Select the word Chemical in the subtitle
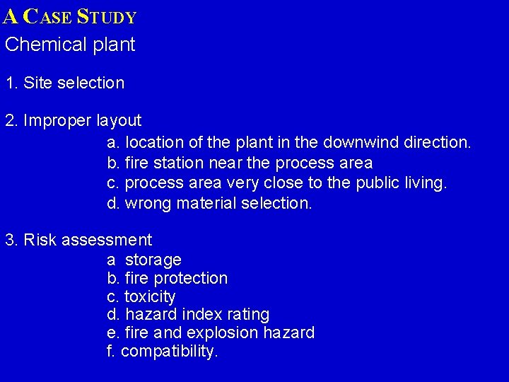[x=45, y=45]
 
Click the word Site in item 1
[x=38, y=83]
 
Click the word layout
[x=119, y=121]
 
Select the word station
[x=176, y=163]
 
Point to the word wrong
[x=147, y=204]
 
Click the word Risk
[x=40, y=241]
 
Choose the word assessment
[x=107, y=241]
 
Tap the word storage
[x=153, y=260]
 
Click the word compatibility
[x=170, y=351]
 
